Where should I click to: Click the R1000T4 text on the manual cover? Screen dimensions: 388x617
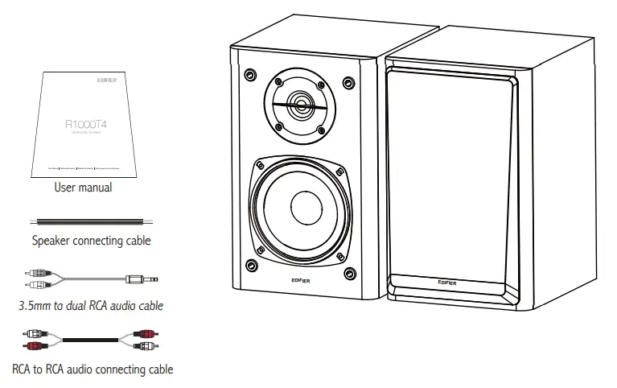coord(84,125)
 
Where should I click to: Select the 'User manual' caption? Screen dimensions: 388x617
coord(83,188)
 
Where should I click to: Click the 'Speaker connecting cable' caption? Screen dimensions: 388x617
coord(91,239)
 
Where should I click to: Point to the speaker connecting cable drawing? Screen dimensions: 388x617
coord(90,220)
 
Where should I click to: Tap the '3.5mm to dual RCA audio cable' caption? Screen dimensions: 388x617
coord(91,305)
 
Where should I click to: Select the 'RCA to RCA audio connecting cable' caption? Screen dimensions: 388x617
coord(92,369)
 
